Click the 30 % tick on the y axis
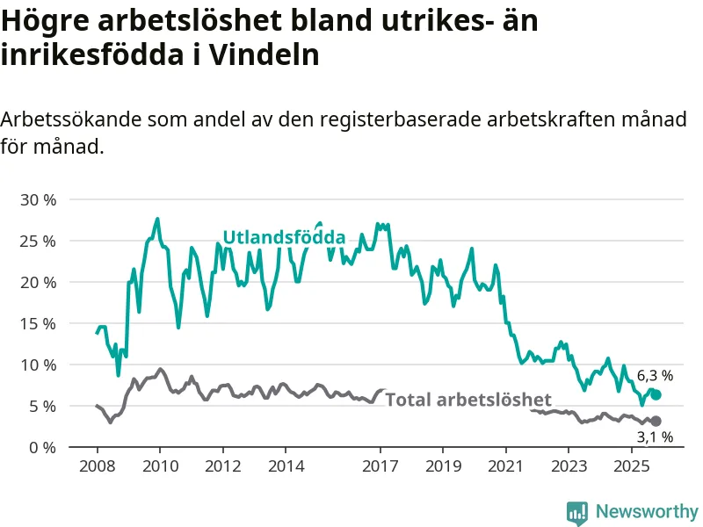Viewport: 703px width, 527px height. click(38, 199)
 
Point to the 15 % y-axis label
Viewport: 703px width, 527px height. click(38, 323)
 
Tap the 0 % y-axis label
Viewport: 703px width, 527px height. click(42, 447)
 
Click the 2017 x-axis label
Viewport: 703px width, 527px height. click(380, 466)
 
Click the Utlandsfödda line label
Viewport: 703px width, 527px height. click(283, 237)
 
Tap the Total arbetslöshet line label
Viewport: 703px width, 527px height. click(468, 400)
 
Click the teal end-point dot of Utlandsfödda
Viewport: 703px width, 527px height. click(656, 395)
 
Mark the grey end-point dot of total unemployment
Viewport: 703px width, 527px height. click(656, 422)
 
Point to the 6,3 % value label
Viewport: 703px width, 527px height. click(655, 375)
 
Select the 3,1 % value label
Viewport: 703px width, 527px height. click(655, 437)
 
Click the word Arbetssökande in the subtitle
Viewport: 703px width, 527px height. click(72, 120)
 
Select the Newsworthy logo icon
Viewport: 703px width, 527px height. click(577, 511)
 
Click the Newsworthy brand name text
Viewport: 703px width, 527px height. click(647, 511)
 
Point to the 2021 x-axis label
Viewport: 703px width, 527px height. click(506, 466)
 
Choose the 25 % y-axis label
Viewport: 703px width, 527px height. click(38, 241)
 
